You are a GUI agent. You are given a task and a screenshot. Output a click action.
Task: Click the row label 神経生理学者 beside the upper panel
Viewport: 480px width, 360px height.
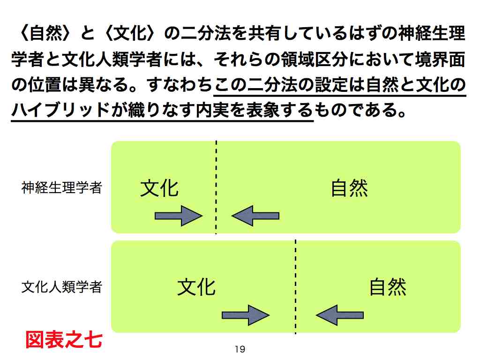tap(61, 187)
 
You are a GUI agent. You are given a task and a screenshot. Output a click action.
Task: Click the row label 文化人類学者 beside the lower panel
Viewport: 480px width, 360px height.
tap(61, 287)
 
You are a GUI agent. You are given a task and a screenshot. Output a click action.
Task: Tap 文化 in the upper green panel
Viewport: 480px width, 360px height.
tap(159, 188)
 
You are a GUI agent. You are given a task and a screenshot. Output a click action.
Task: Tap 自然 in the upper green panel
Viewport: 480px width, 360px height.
tap(349, 188)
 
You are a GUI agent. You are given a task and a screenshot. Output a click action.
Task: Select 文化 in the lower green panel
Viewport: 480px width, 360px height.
tap(196, 287)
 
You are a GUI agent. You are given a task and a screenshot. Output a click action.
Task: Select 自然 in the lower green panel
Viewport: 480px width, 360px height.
tap(388, 287)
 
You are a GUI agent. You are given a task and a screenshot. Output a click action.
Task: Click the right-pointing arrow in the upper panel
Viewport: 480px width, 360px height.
tap(179, 216)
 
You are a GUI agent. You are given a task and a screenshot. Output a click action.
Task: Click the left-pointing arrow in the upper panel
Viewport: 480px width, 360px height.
tap(255, 216)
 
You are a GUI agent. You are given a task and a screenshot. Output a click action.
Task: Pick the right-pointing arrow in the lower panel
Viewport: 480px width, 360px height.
tap(246, 315)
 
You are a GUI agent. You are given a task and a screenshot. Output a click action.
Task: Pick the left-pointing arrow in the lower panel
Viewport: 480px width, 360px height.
tap(340, 315)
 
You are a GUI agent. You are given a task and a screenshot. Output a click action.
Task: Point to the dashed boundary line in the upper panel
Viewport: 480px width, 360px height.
tap(216, 187)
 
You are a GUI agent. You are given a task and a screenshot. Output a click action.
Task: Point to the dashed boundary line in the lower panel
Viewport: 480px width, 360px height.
tap(295, 287)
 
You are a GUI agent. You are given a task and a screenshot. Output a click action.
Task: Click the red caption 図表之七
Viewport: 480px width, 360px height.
tap(64, 340)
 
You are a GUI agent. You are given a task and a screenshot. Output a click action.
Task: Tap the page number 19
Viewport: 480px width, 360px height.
tap(240, 349)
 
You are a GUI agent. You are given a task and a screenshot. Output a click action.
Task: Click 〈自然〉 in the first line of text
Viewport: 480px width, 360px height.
tap(45, 33)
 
